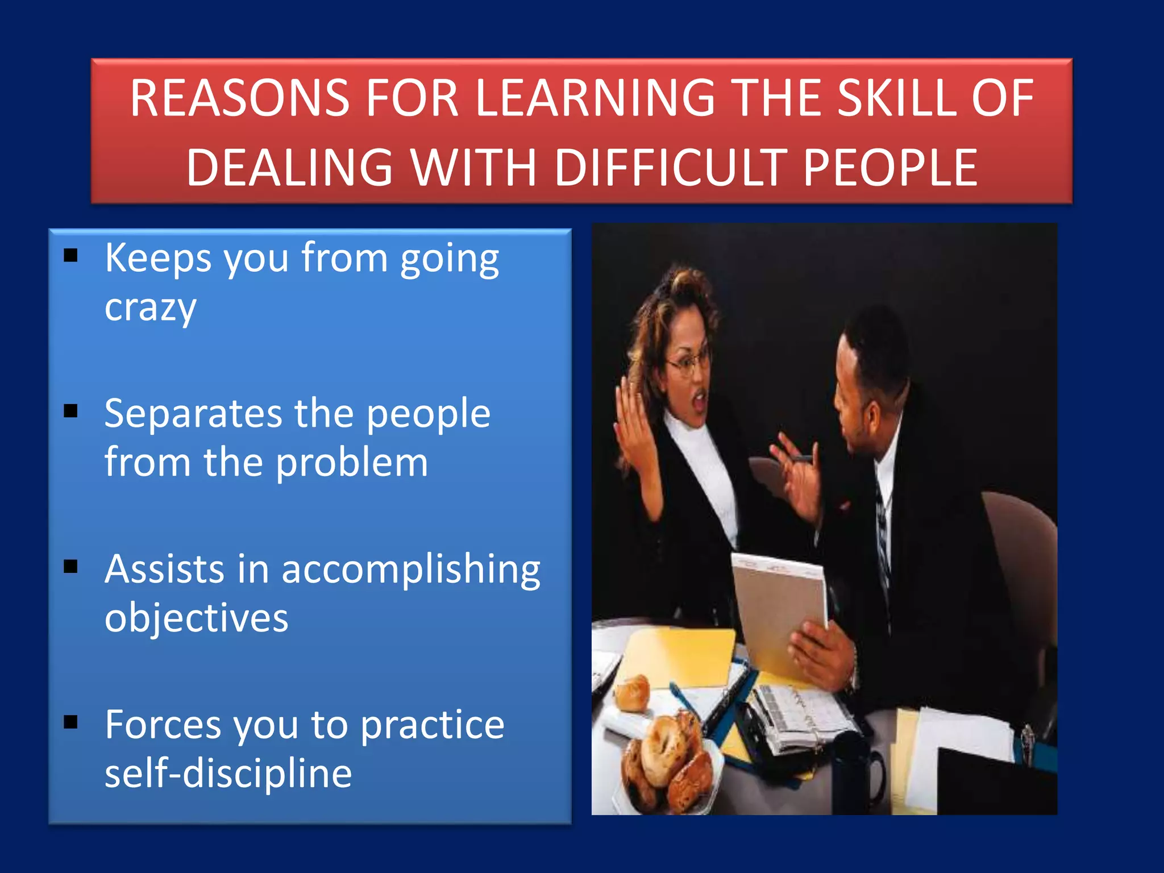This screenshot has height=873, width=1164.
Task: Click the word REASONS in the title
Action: click(x=239, y=98)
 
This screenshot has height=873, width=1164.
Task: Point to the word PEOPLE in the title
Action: click(x=890, y=168)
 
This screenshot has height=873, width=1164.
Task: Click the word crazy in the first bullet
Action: click(x=151, y=309)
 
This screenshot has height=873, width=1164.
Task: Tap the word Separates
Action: click(x=193, y=413)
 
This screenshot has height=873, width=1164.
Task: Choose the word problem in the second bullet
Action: click(x=352, y=463)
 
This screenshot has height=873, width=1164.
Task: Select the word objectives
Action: click(x=196, y=618)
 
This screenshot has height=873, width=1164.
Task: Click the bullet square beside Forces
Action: click(x=70, y=722)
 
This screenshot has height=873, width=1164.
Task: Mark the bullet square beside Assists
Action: click(x=70, y=566)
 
